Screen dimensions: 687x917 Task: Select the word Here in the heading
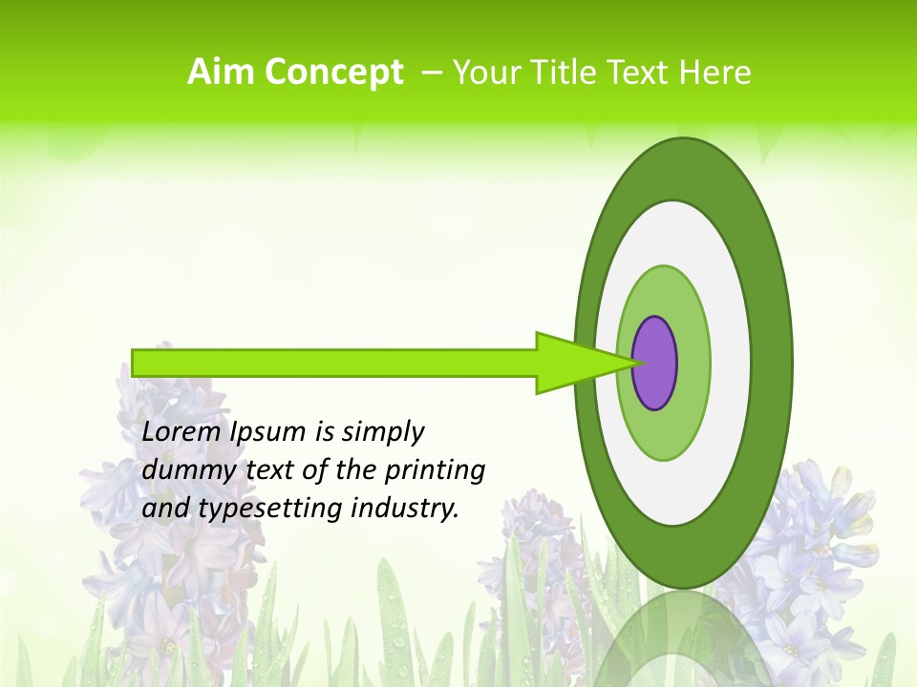tap(715, 73)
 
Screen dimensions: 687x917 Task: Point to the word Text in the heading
tap(640, 73)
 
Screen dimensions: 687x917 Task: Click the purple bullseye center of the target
tap(655, 364)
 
